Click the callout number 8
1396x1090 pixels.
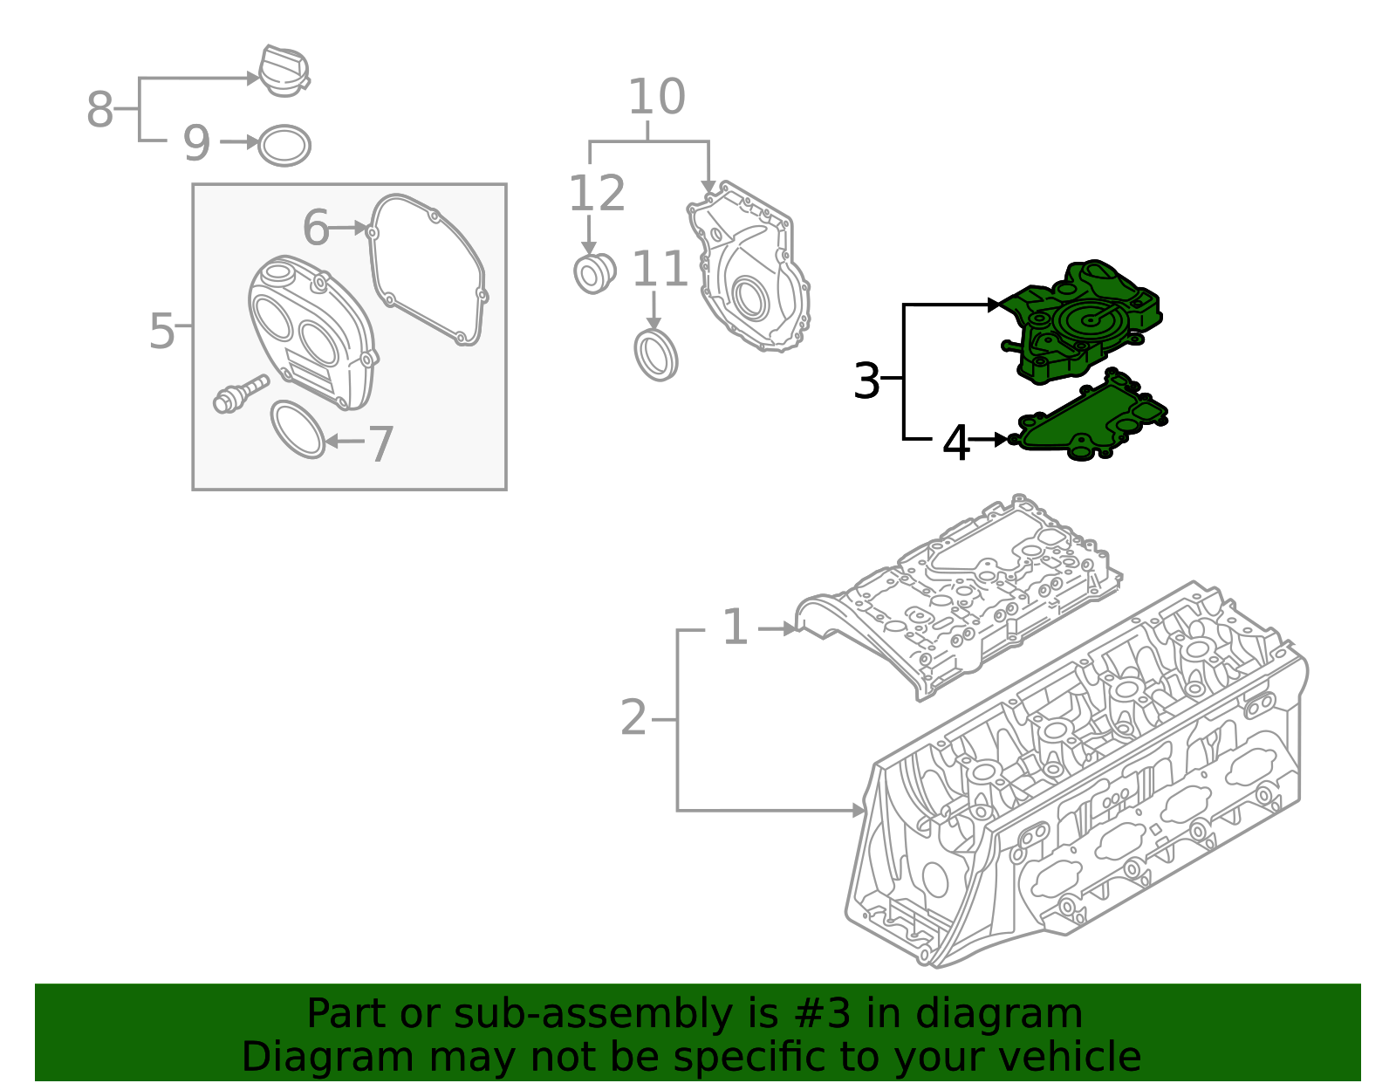click(99, 110)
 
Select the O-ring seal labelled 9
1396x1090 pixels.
click(284, 146)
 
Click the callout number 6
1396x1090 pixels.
click(315, 228)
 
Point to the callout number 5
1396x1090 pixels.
click(162, 331)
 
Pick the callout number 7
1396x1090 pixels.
click(381, 444)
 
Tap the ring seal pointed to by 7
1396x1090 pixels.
click(298, 429)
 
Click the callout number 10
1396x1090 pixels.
click(656, 97)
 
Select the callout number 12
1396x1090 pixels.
click(597, 193)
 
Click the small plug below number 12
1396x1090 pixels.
click(594, 272)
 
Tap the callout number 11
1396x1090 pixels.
click(660, 269)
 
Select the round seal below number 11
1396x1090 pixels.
click(655, 354)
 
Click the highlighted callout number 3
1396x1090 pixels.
click(866, 380)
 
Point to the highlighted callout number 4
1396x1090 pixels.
click(956, 443)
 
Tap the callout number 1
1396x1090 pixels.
click(736, 627)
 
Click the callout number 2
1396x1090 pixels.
click(633, 718)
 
